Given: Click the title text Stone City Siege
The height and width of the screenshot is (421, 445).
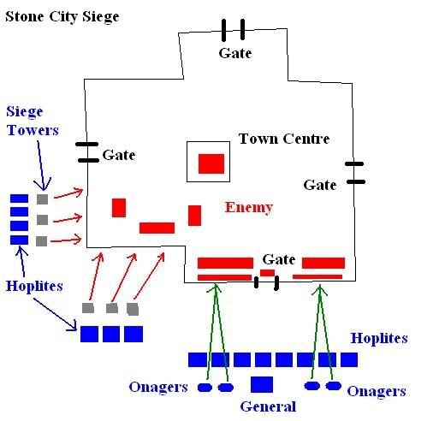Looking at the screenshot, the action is click(62, 17).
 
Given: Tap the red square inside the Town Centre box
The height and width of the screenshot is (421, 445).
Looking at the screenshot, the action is click(211, 163).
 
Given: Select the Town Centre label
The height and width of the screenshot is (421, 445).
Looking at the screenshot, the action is click(284, 139).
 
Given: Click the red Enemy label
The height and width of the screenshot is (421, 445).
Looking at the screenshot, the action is click(249, 208).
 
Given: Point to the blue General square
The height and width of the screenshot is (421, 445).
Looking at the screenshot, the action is click(262, 384).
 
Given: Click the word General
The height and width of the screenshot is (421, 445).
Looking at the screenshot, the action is click(268, 406).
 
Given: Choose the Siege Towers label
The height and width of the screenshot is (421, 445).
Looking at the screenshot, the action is click(33, 121).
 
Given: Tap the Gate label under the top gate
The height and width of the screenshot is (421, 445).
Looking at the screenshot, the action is click(235, 53).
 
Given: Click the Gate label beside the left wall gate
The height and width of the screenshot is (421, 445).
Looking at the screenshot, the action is click(119, 155).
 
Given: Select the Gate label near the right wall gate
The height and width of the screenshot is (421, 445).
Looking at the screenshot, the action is click(320, 185).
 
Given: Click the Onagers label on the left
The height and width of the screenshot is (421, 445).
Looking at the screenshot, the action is click(158, 387).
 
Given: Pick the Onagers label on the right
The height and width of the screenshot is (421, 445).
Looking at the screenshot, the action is click(377, 391).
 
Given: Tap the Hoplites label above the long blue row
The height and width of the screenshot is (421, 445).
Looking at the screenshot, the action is click(379, 339).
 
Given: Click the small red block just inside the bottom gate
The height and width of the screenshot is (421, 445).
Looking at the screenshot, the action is click(268, 273).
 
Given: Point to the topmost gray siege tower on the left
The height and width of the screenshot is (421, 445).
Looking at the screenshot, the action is click(43, 199).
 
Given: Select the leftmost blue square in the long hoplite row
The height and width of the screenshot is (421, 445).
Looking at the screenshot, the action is click(198, 359).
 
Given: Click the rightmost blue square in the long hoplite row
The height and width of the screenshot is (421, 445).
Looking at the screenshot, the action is click(349, 359).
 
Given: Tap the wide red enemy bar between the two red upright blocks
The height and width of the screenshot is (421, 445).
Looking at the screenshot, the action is click(157, 228).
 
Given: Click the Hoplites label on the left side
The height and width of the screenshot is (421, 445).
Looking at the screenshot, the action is click(34, 286).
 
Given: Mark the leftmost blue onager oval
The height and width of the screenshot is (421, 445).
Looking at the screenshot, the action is click(205, 388).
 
